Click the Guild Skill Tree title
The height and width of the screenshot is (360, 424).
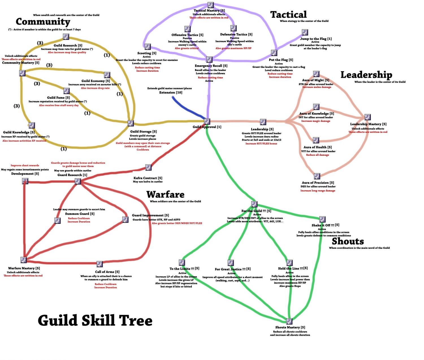pyautogui.click(x=95, y=321)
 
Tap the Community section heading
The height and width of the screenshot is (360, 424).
pyautogui.click(x=43, y=22)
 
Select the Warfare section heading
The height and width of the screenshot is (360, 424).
pyautogui.click(x=165, y=194)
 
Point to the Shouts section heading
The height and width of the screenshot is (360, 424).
pyautogui.click(x=348, y=241)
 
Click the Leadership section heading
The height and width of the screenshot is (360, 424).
pyautogui.click(x=366, y=75)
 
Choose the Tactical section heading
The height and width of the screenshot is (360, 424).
pyautogui.click(x=288, y=15)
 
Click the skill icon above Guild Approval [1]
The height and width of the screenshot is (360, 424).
pyautogui.click(x=207, y=122)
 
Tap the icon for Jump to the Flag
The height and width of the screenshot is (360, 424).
pyautogui.click(x=305, y=32)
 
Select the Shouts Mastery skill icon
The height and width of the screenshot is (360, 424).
pyautogui.click(x=289, y=322)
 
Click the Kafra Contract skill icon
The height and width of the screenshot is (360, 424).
pyautogui.click(x=148, y=168)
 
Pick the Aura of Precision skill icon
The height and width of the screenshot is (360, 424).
pyautogui.click(x=317, y=176)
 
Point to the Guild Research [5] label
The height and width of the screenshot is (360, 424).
pyautogui.click(x=68, y=45)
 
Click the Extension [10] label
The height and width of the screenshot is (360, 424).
pyautogui.click(x=171, y=92)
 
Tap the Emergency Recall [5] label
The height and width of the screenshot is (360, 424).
pyautogui.click(x=211, y=66)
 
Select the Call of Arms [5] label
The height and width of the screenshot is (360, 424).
pyautogui.click(x=107, y=272)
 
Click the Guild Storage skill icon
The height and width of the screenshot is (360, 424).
pyautogui.click(x=131, y=123)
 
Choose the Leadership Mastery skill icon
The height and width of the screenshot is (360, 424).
pyautogui.click(x=367, y=117)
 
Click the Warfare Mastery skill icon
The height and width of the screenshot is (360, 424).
pyautogui.click(x=24, y=260)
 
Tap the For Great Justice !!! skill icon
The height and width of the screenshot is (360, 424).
pyautogui.click(x=231, y=263)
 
